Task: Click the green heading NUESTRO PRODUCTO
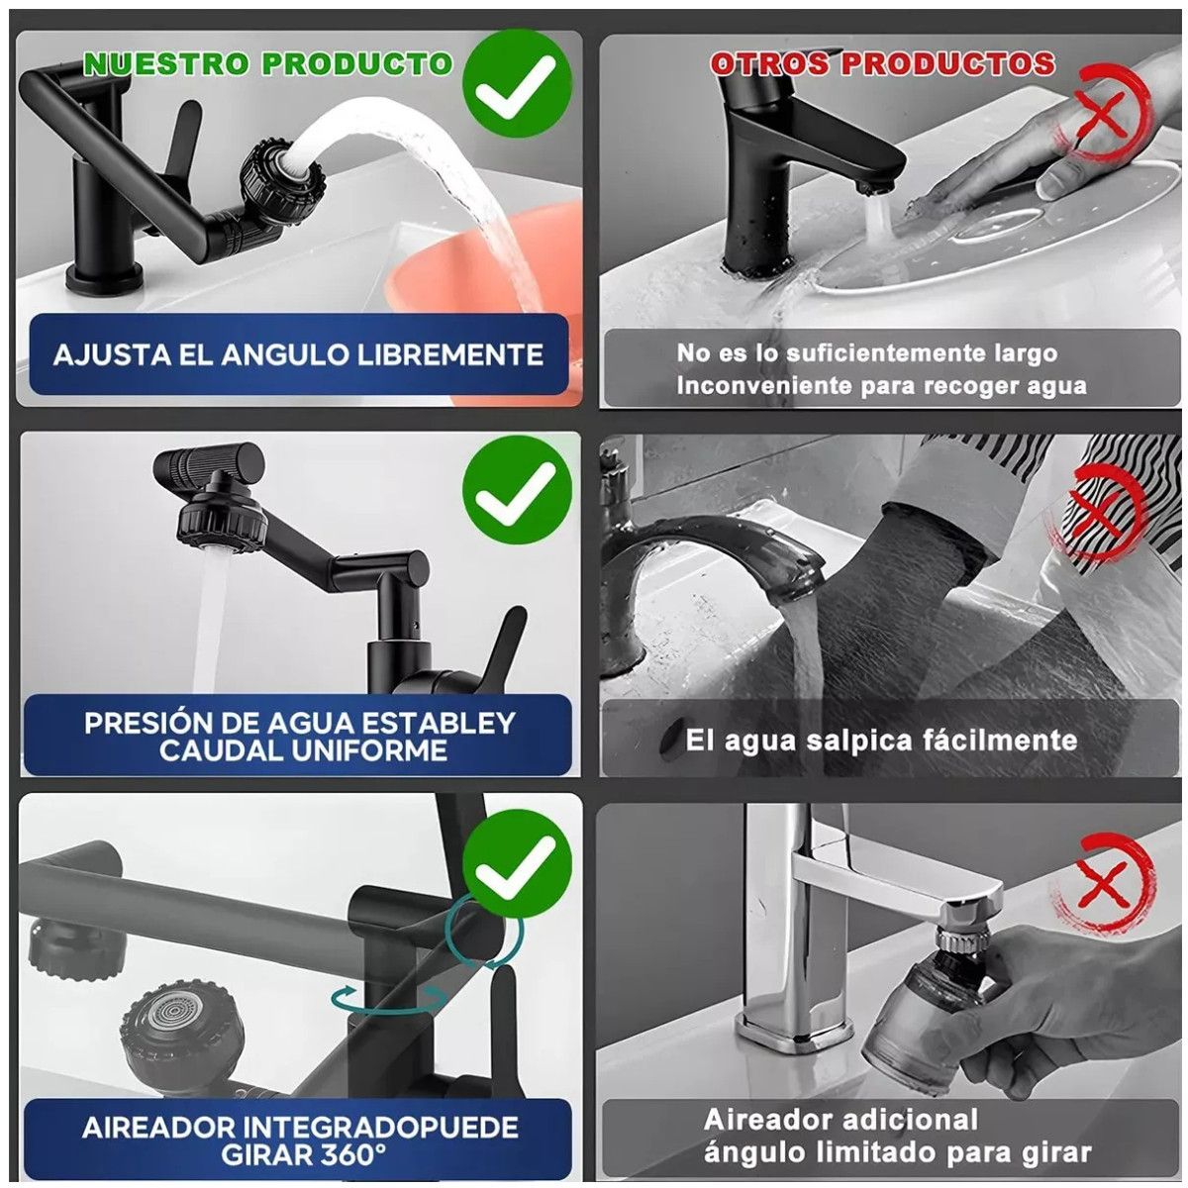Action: [x=267, y=64]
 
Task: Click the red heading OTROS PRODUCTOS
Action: [x=882, y=64]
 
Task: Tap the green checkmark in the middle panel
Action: [x=516, y=491]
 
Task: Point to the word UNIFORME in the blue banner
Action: [x=368, y=750]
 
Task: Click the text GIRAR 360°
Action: [x=302, y=1154]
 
